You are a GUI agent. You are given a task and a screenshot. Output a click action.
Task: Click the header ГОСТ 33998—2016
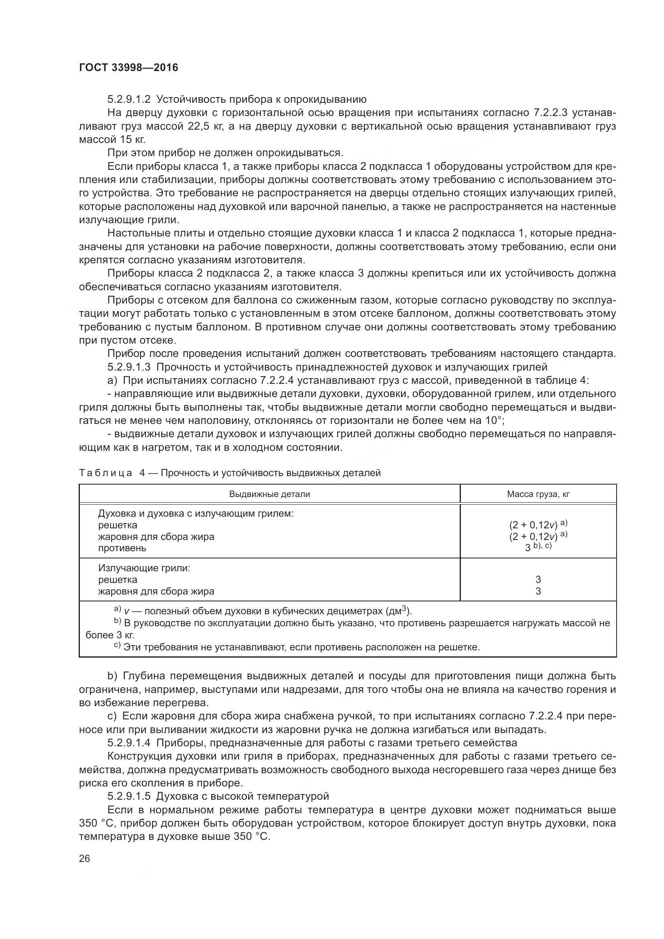point(128,67)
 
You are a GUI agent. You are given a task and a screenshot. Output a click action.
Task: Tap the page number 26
point(85,870)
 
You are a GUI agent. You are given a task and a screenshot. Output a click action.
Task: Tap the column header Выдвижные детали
point(269,494)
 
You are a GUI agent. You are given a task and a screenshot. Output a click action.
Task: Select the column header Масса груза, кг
point(538,494)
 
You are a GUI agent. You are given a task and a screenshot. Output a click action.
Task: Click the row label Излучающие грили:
point(145,568)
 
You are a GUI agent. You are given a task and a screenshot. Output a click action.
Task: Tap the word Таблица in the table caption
point(106,473)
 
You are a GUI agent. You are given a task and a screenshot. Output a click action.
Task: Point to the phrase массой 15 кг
point(112,139)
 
